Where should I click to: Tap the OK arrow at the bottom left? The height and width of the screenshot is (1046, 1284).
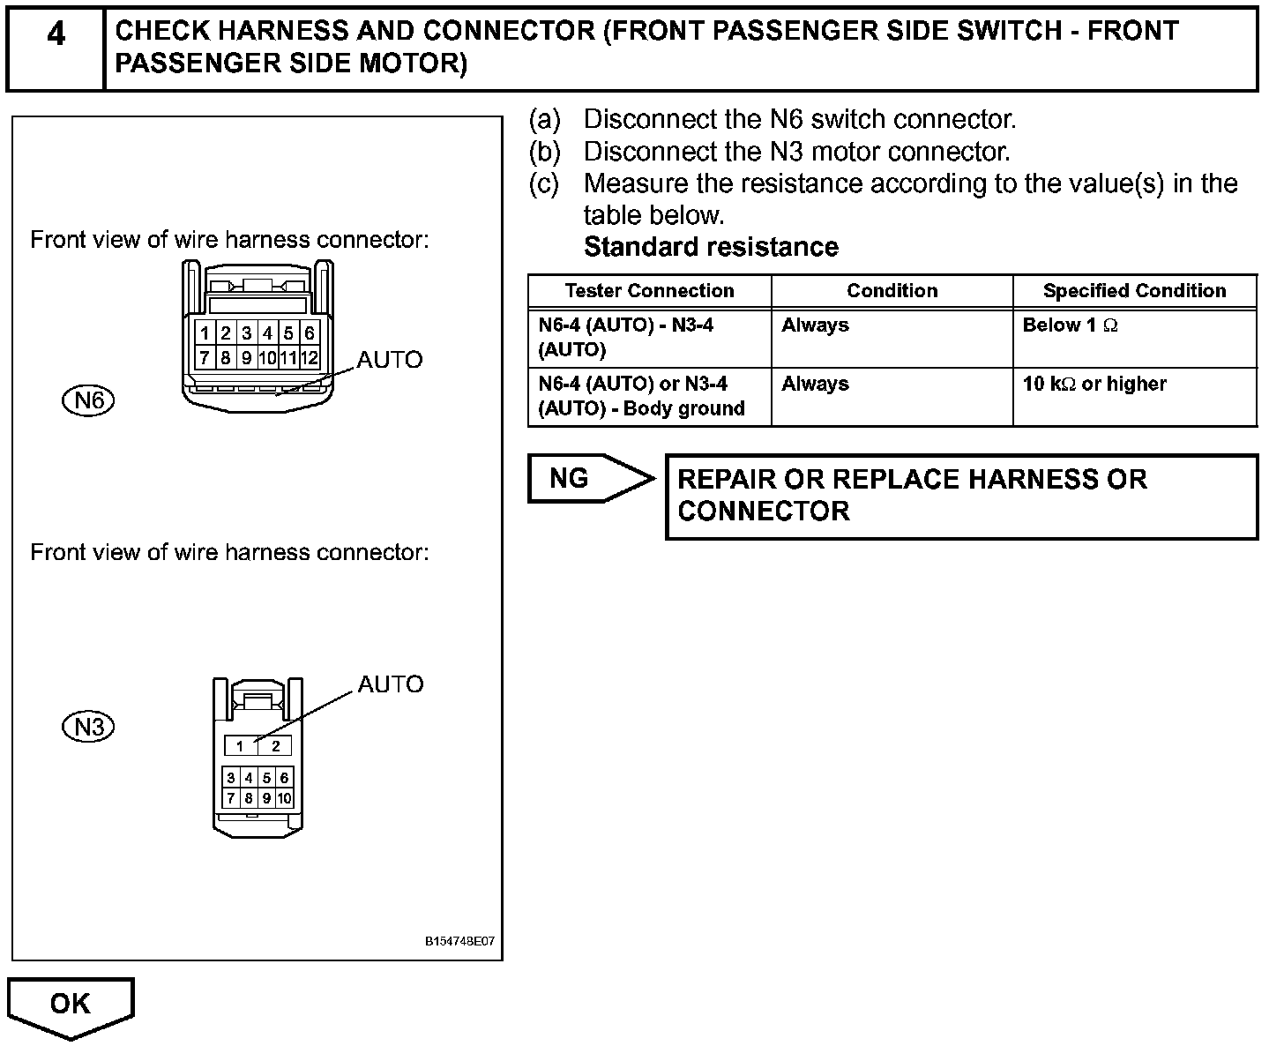coord(71,1004)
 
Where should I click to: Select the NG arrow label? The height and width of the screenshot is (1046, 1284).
coord(571,478)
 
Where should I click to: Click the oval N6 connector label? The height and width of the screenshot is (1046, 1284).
coord(89,401)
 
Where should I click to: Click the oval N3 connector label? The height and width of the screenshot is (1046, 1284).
coord(89,727)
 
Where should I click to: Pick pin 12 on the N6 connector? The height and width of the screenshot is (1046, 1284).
coord(309,358)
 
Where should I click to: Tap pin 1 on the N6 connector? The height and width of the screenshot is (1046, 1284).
coord(205,333)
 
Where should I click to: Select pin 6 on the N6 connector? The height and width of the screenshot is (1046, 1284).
coord(310,333)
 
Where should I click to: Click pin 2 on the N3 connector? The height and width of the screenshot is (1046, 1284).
coord(275,746)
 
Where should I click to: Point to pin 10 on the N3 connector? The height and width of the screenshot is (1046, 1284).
coord(284,799)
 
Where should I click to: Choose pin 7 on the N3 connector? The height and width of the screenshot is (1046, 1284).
coord(231,799)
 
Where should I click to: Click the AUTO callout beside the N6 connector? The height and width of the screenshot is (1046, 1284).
coord(389,360)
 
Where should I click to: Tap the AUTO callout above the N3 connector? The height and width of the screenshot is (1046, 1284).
coord(390,684)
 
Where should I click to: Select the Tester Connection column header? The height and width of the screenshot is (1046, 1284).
coord(649,291)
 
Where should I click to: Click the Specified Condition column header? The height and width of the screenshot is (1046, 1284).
coord(1134,291)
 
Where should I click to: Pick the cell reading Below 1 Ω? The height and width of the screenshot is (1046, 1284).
coord(1070,325)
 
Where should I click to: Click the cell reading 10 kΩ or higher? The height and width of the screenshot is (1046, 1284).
coord(1094,385)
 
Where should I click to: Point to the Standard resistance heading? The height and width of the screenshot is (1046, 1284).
coord(711,247)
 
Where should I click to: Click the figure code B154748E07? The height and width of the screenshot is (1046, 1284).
coord(459,942)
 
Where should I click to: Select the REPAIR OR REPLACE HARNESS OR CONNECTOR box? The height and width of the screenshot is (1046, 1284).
coord(961,496)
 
